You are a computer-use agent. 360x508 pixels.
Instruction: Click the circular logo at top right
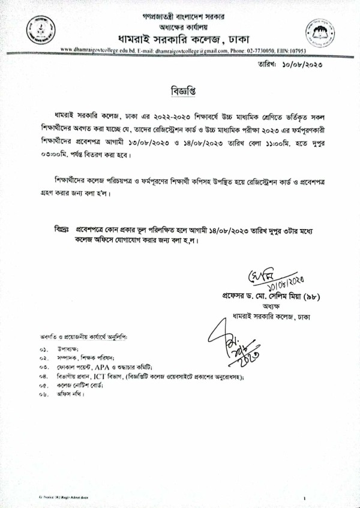point(319,30)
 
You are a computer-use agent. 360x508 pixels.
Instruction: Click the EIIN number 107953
point(296,52)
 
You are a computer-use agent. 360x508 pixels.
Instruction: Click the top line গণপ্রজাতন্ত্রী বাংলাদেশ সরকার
point(179,13)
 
